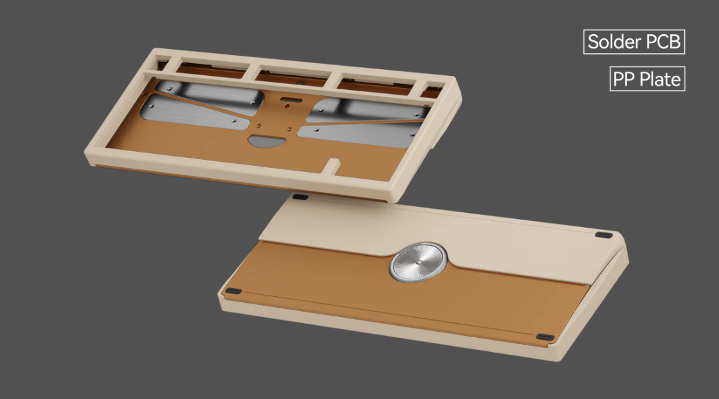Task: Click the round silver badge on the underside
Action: point(418,261)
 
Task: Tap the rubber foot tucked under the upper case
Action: point(301,197)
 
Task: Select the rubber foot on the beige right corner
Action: point(605,235)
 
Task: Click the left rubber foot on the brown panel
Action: point(233,291)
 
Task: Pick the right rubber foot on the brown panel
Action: point(545,337)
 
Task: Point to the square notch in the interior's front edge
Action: point(332,165)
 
